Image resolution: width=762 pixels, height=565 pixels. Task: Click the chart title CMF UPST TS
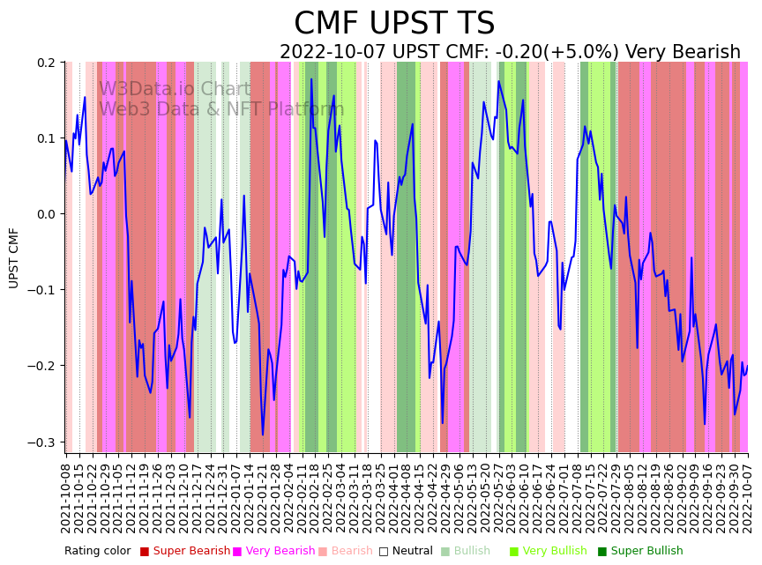pos(394,24)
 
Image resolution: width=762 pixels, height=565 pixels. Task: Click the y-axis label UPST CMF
pos(14,257)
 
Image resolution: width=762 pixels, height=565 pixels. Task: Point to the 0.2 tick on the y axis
pos(46,63)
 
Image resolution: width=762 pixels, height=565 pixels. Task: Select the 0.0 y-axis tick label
pos(46,214)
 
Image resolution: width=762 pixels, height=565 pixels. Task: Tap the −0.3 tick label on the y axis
pos(42,442)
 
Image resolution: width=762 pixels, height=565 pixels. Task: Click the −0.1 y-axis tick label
pos(42,290)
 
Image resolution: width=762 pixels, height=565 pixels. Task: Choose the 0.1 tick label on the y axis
pos(46,138)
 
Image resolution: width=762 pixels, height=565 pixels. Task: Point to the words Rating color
pos(97,552)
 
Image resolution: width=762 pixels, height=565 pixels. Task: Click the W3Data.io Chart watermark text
pos(175,89)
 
